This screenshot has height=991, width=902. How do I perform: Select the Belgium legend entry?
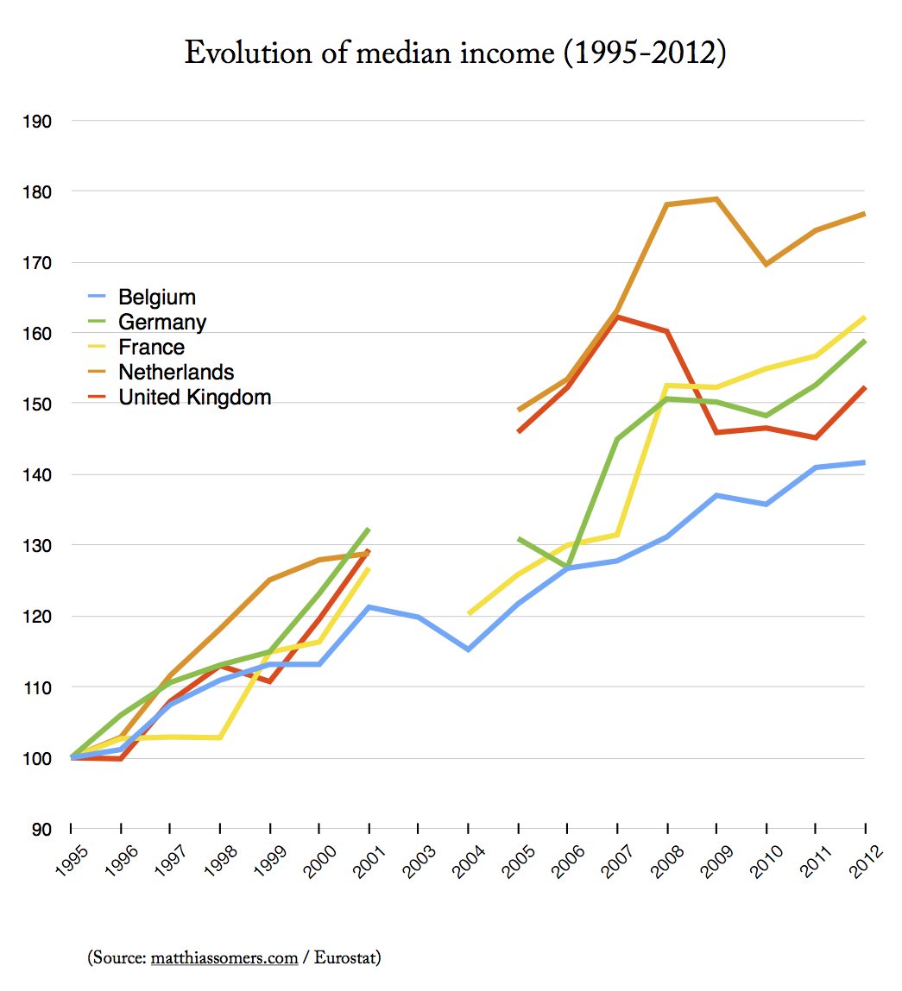(x=157, y=298)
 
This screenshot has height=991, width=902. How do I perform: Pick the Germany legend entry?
(x=162, y=323)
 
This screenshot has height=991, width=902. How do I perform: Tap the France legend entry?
(x=152, y=348)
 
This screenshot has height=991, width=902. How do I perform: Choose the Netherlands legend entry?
(x=176, y=373)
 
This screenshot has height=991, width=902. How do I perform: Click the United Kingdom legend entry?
(x=195, y=398)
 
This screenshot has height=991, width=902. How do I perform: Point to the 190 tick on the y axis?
(x=38, y=122)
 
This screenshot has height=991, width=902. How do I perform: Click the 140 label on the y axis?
(x=38, y=475)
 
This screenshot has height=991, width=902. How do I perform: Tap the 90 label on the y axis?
(x=41, y=830)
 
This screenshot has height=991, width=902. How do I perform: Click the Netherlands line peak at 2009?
(x=716, y=199)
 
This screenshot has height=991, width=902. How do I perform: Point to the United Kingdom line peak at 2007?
(x=617, y=317)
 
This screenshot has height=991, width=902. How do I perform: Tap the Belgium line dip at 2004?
(x=468, y=649)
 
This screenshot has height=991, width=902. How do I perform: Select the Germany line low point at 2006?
(x=567, y=566)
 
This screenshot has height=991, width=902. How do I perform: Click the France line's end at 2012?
(x=864, y=317)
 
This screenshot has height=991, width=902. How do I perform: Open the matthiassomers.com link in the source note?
(x=224, y=957)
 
